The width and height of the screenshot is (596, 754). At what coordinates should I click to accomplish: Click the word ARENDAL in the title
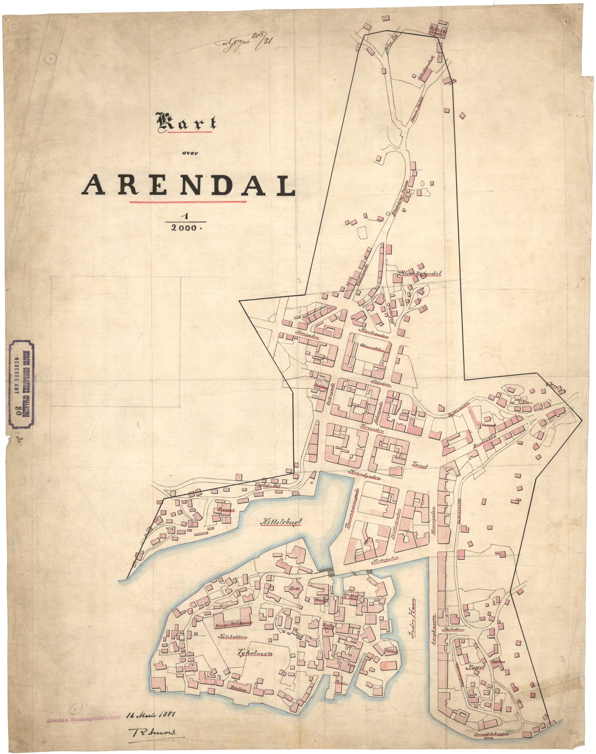tap(188, 185)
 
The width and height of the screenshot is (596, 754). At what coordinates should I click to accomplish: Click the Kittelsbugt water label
tap(281, 522)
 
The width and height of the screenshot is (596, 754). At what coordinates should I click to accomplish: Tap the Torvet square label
tap(419, 464)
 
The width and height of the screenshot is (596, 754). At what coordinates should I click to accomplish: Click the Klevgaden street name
tap(308, 335)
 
